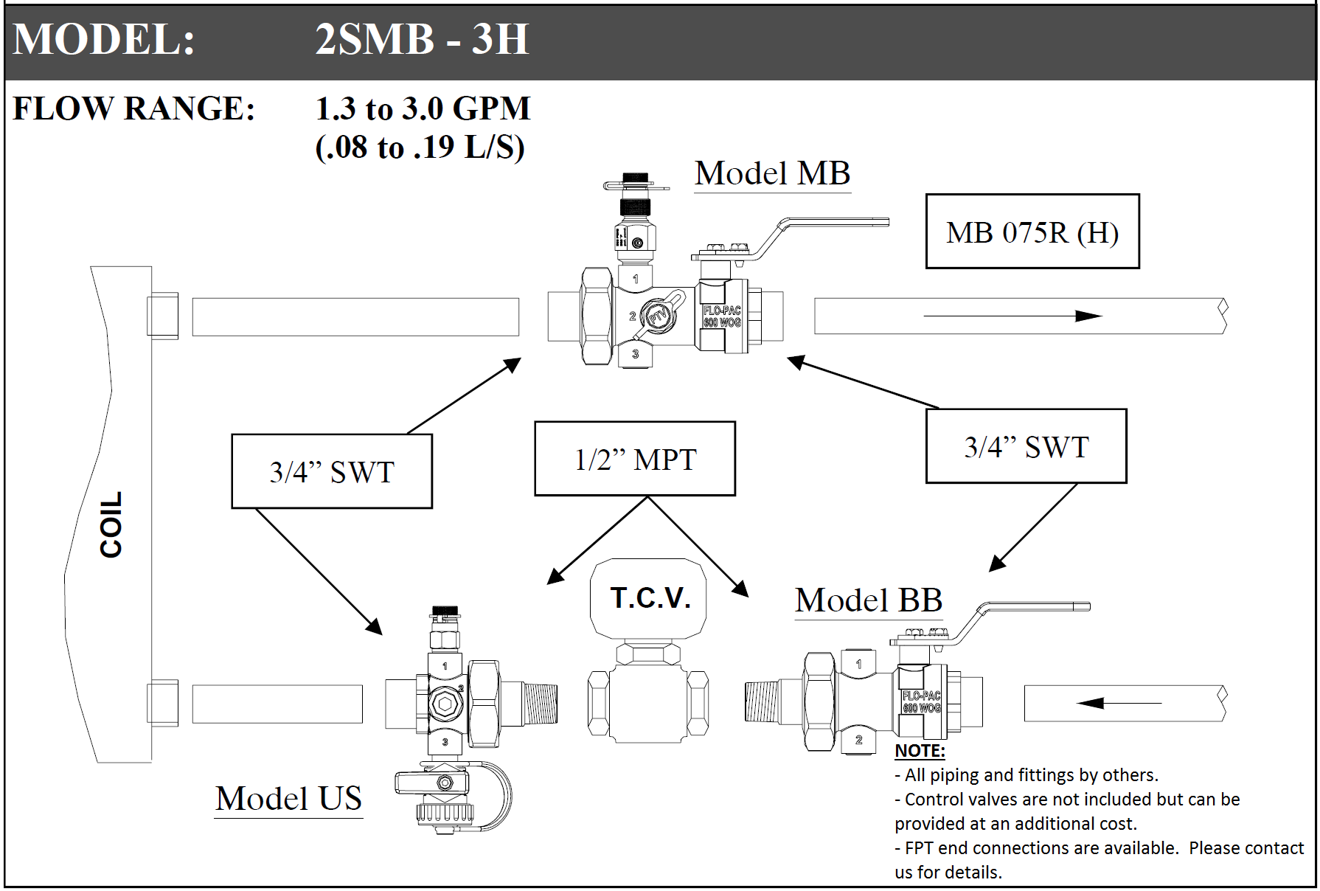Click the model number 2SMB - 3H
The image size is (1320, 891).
tap(422, 39)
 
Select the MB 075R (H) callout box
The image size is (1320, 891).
tap(1032, 232)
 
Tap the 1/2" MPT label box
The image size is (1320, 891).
tap(635, 459)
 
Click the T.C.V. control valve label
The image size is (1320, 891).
tap(650, 597)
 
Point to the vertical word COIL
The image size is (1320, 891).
tap(111, 524)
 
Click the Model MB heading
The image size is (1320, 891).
tap(772, 174)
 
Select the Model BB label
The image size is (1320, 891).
tap(868, 600)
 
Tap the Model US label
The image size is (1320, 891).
tap(288, 799)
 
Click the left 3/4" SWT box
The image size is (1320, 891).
tap(332, 471)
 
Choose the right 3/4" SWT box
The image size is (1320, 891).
tap(1027, 446)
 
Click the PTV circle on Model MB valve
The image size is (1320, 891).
tap(657, 316)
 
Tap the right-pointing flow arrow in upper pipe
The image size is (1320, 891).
tap(1012, 316)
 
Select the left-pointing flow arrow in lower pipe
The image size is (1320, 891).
tap(1119, 703)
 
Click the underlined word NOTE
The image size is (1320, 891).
tap(920, 751)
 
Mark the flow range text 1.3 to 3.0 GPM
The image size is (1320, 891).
tap(423, 108)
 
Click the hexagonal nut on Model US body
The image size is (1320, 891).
tap(445, 704)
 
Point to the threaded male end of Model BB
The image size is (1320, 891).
tap(762, 701)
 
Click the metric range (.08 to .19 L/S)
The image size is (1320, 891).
tap(420, 147)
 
